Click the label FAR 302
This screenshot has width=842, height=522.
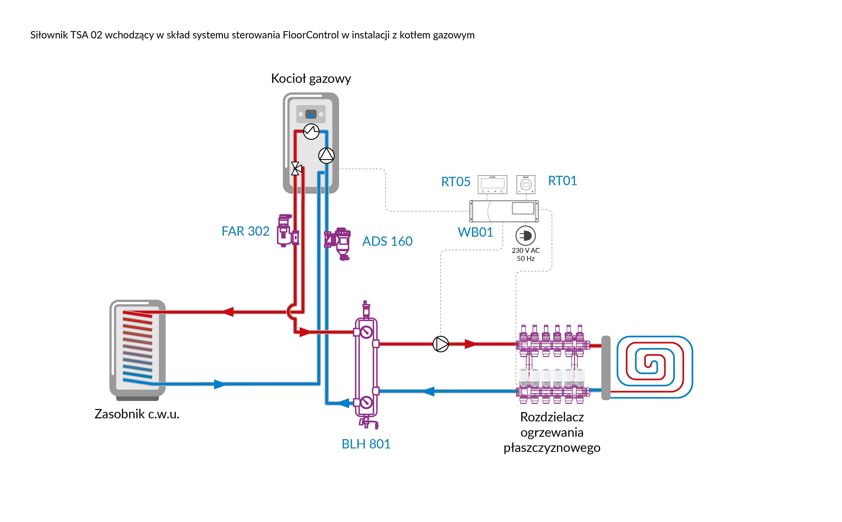tap(245, 231)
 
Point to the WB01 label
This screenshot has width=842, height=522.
tap(475, 232)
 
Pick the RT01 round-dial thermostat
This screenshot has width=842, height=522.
tap(526, 184)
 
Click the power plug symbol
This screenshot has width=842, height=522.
tap(526, 236)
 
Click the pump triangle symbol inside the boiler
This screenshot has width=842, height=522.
tap(326, 155)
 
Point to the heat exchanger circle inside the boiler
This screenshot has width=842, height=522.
tap(311, 132)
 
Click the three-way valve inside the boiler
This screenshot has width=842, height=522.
tap(296, 169)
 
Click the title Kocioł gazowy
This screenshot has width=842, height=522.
tap(311, 79)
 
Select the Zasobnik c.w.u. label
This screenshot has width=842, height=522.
tap(137, 414)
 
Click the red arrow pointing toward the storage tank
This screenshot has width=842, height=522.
tap(228, 312)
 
